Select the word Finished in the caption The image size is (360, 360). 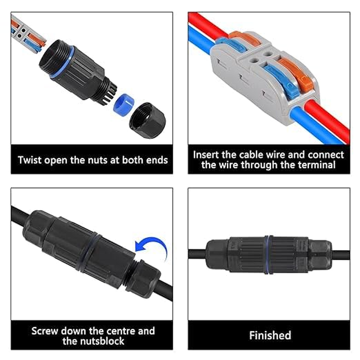pyautogui.click(x=270, y=335)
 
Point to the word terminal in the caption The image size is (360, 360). pyautogui.click(x=317, y=165)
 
